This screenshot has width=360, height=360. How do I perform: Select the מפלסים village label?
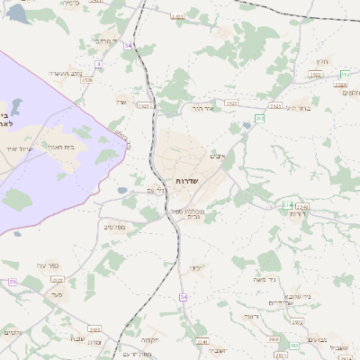point(114,227)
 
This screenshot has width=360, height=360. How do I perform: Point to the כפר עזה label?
point(48,265)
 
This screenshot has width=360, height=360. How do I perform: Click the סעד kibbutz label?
point(57,293)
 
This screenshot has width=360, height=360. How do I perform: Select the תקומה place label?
point(149,339)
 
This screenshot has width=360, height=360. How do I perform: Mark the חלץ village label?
point(321,61)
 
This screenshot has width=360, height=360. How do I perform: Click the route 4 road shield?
point(97,65)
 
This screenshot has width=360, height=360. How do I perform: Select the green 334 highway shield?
point(287,205)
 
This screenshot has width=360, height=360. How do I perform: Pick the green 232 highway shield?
point(259,118)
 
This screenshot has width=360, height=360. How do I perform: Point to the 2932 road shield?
point(273,338)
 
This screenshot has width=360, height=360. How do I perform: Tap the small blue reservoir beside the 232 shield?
point(247,126)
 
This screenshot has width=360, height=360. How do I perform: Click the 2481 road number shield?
point(176,16)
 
